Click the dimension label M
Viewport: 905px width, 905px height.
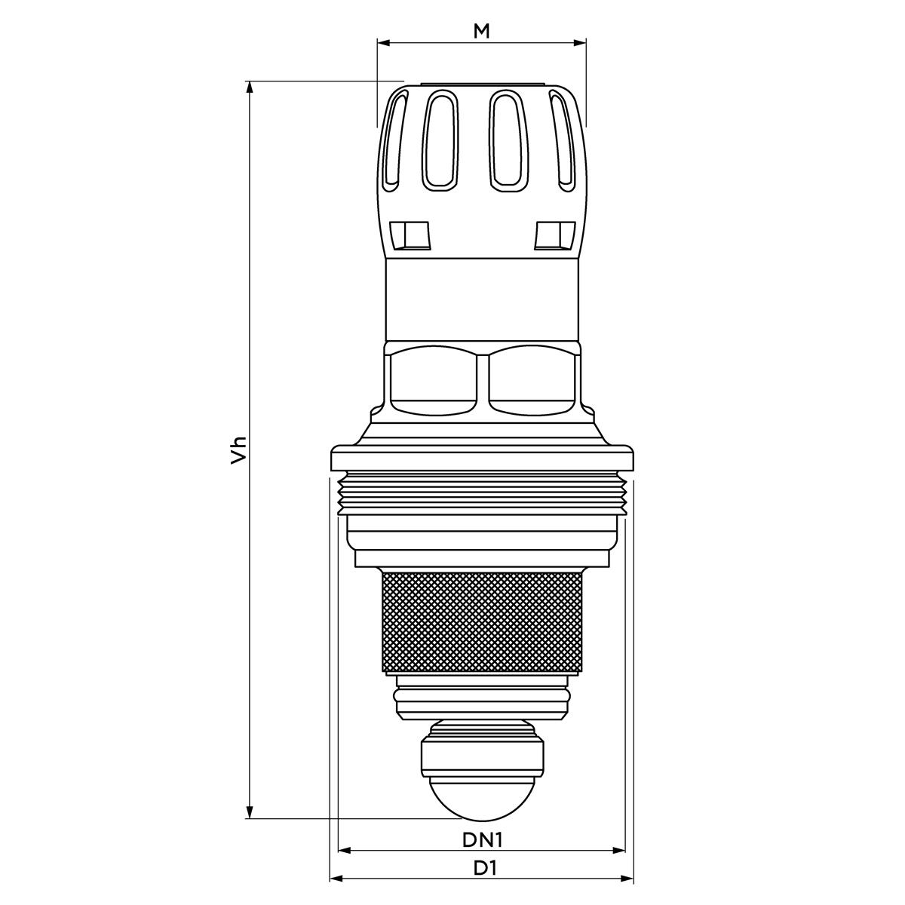(x=481, y=31)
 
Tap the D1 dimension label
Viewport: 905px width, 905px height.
(x=485, y=868)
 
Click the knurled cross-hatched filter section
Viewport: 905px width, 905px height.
(x=483, y=622)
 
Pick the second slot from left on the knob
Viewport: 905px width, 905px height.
(x=440, y=140)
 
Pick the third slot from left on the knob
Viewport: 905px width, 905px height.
(x=508, y=140)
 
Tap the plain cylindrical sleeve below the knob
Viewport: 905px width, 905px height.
(x=483, y=300)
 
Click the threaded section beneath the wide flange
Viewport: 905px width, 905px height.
(x=483, y=493)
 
